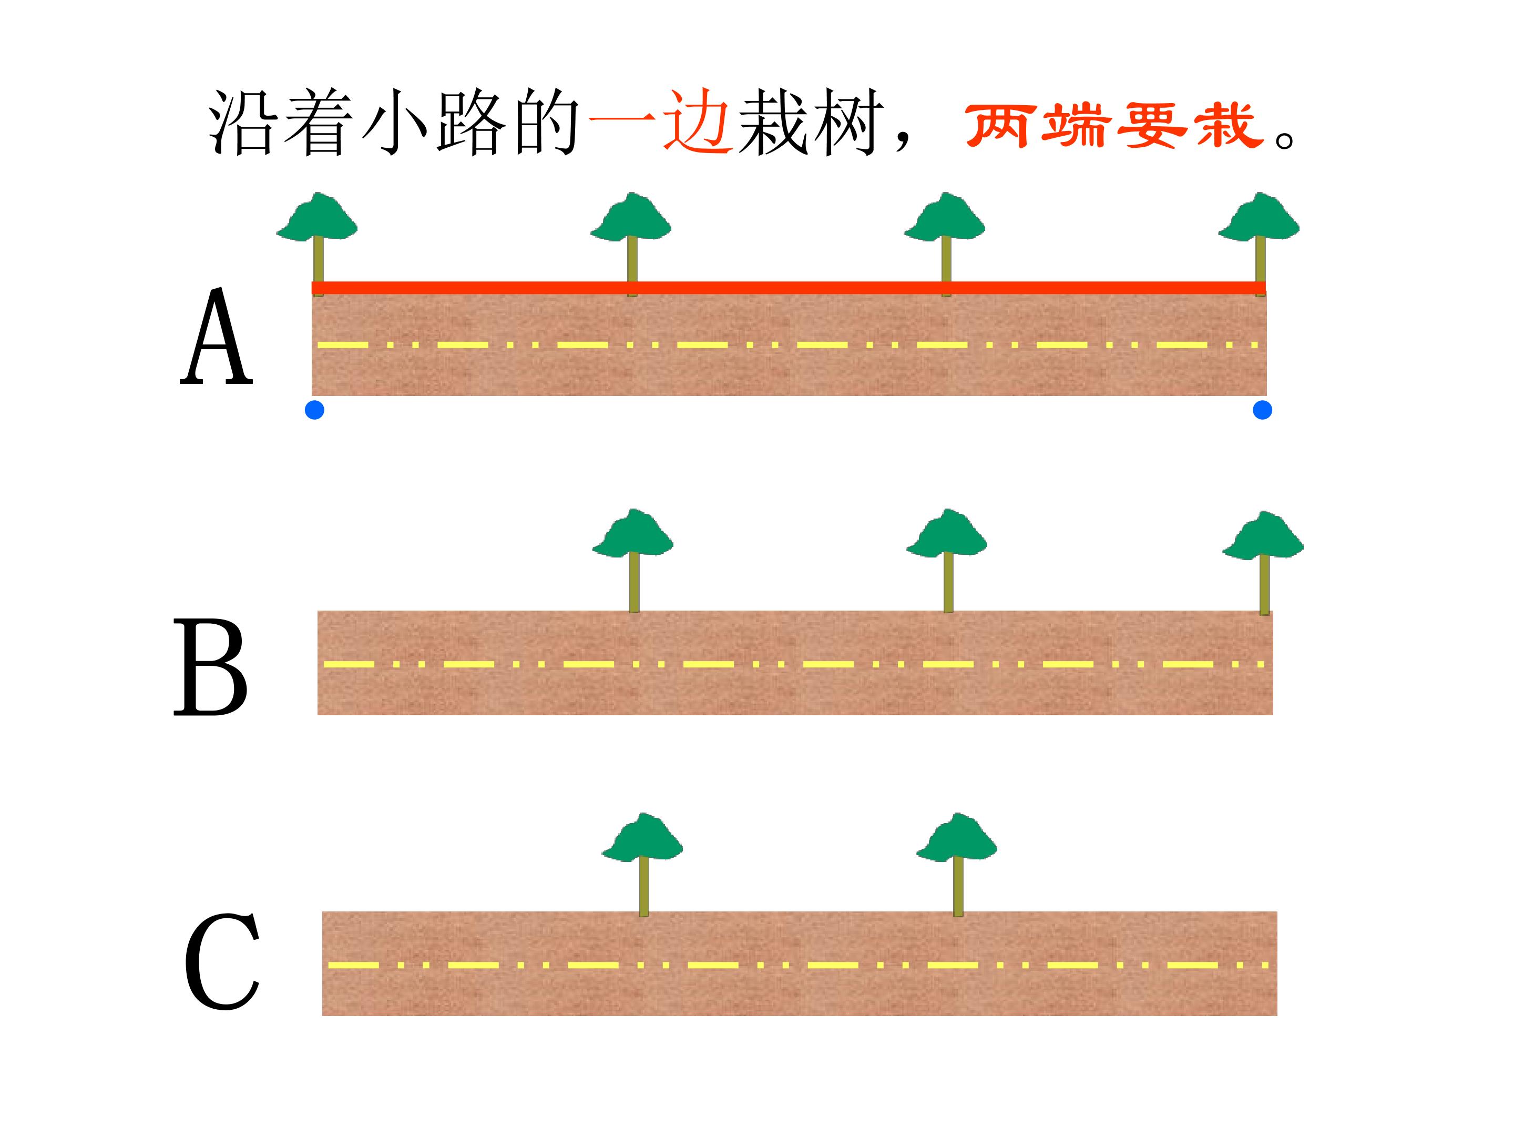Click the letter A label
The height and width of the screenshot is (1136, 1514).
(216, 337)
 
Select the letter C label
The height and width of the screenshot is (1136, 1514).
(222, 961)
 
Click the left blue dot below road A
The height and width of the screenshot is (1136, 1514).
(314, 410)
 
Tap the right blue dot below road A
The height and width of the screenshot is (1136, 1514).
(1262, 410)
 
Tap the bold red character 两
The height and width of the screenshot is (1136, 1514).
(999, 125)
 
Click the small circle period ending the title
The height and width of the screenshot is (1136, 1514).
(1285, 140)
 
